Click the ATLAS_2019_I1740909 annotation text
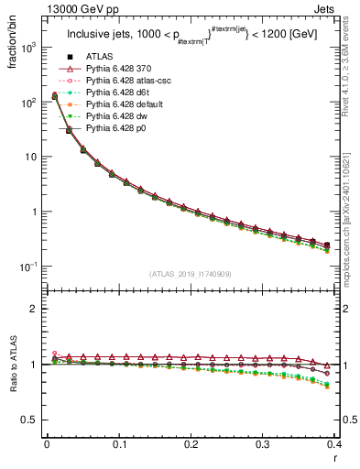pos(191,275)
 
